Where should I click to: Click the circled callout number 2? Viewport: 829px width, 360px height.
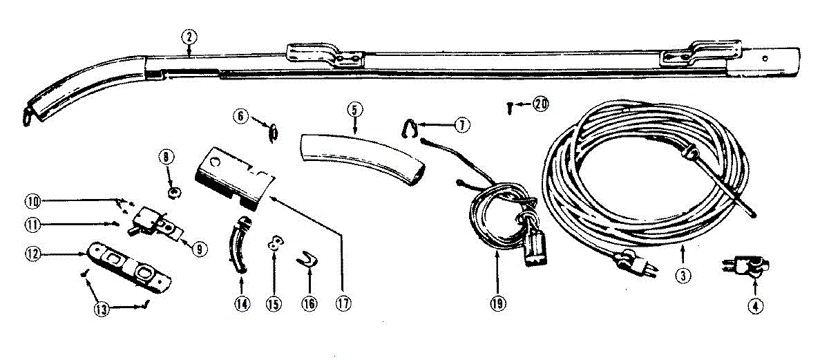point(189,39)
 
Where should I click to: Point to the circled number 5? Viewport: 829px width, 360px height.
point(354,110)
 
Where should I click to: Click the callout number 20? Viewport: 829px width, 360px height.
point(540,104)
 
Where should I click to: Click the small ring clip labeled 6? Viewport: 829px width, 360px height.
point(274,131)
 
